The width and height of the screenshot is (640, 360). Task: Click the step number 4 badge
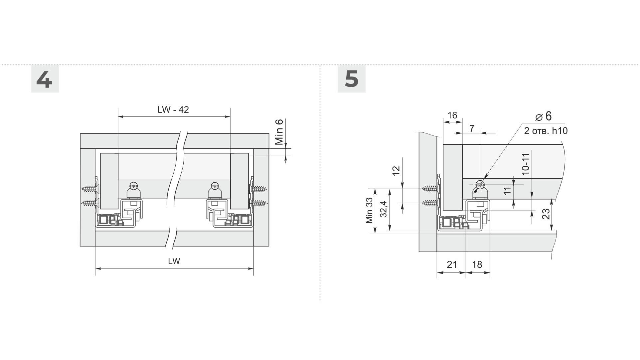click(x=45, y=79)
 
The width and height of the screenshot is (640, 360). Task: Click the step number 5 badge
click(x=352, y=79)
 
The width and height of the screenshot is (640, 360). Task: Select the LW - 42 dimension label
click(x=173, y=109)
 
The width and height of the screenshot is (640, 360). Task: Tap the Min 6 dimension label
click(x=279, y=132)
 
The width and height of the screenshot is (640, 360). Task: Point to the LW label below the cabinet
click(x=174, y=261)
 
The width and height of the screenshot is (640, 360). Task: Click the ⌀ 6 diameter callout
click(x=544, y=116)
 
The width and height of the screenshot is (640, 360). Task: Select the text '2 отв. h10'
click(x=546, y=131)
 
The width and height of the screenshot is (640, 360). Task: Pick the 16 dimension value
click(x=452, y=115)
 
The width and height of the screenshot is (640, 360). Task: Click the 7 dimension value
click(x=472, y=128)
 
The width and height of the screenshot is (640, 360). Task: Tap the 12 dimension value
click(x=396, y=171)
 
